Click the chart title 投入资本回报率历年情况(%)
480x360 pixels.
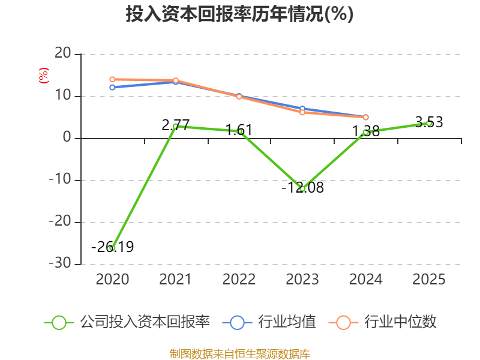pos(239,14)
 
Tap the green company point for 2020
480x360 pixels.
pos(112,248)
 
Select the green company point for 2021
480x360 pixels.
pos(175,126)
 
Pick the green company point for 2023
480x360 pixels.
pos(302,189)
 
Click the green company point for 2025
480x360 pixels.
pos(429,123)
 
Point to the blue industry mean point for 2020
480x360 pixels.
pos(112,88)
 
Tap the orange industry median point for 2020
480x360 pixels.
pos(112,79)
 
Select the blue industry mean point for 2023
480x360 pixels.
pos(302,109)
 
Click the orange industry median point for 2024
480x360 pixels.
pos(365,117)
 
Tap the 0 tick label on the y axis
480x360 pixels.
pos(67,139)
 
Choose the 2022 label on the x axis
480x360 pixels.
pos(239,280)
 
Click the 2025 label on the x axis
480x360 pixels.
pos(429,280)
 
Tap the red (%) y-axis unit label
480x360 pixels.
pos(43,76)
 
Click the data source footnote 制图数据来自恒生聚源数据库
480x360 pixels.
pos(239,353)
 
